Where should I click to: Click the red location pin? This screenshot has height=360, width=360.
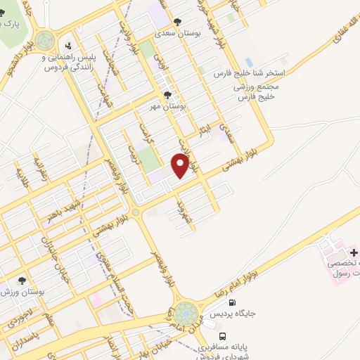[181, 165]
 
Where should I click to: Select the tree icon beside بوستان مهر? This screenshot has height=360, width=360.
[167, 94]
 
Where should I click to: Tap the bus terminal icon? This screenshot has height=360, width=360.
[223, 336]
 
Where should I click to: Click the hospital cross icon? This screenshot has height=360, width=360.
[354, 252]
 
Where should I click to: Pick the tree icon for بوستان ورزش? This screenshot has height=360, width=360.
[21, 281]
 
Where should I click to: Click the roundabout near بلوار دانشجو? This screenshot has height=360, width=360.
[46, 39]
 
